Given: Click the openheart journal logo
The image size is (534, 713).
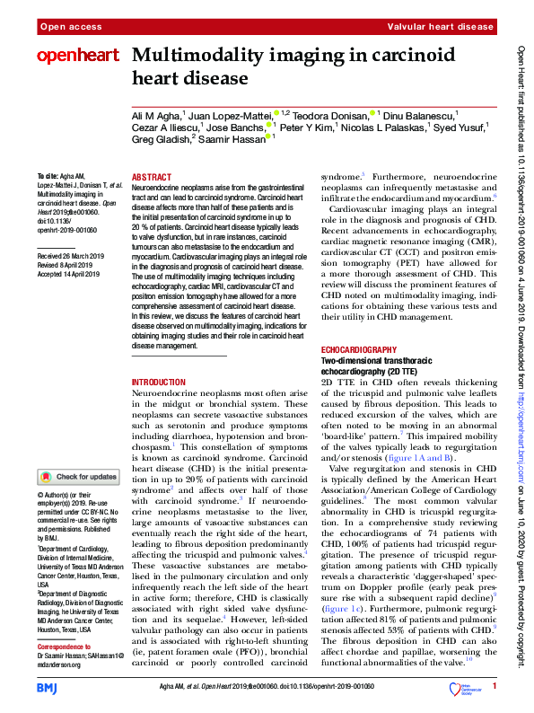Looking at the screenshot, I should coord(78,56).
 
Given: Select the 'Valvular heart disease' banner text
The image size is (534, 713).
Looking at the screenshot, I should coord(446,28).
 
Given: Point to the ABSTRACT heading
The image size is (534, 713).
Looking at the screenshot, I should coord(151,178).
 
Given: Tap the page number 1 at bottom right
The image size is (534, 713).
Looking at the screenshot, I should coord(495,687).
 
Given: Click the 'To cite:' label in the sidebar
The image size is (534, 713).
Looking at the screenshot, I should coord(47,176).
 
